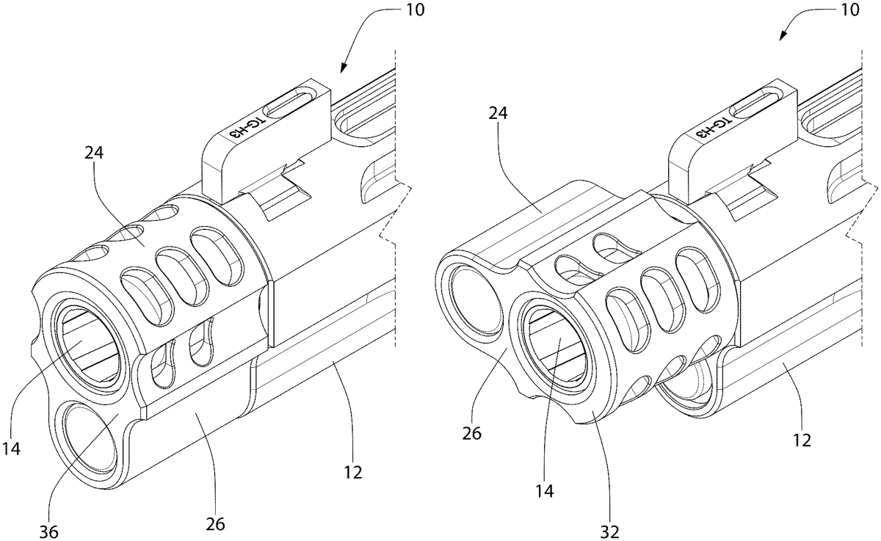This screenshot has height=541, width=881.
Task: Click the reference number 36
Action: point(48,532)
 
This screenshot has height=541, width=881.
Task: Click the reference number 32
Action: point(610,532)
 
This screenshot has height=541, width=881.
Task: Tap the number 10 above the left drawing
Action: point(414,9)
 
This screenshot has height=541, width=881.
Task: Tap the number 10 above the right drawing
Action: point(849,9)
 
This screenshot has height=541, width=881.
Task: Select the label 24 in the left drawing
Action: point(94,152)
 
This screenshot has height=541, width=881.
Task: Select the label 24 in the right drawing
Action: point(498,113)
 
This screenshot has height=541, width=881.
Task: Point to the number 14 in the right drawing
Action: point(545,490)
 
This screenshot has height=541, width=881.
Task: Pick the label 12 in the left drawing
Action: point(353,472)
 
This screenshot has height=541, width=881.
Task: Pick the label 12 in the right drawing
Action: point(802,440)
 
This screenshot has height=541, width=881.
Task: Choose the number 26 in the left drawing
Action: point(215,524)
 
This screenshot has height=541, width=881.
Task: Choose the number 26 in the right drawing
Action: point(471,433)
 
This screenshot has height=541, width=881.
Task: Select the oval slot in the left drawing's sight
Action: point(289,102)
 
